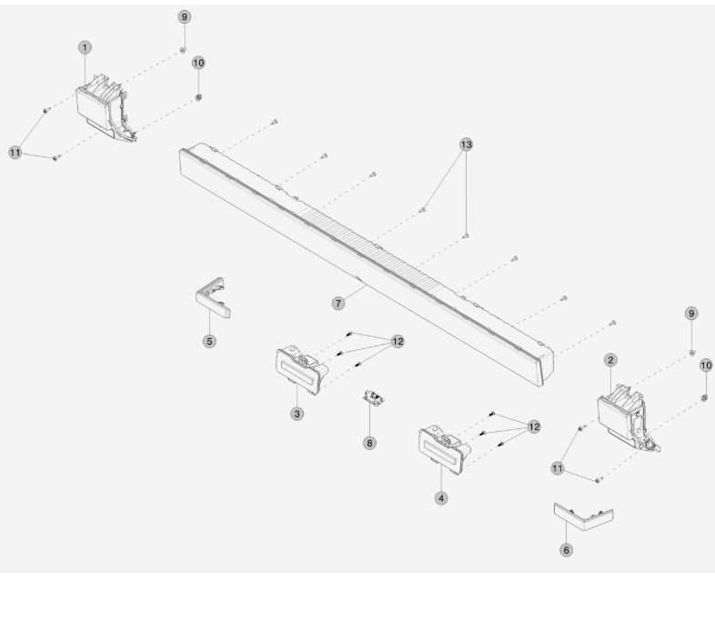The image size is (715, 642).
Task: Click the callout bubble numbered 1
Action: click(x=85, y=47)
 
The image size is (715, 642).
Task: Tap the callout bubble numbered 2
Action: click(x=610, y=360)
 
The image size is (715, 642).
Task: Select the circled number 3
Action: click(x=297, y=414)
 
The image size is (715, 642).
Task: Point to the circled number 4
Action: click(x=441, y=498)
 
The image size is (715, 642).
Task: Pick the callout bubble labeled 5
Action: click(x=209, y=341)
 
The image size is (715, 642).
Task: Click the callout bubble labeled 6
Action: click(x=566, y=550)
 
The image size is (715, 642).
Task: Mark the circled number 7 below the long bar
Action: click(x=337, y=303)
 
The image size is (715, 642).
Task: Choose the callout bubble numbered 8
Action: click(x=369, y=443)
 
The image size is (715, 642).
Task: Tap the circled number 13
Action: click(x=466, y=145)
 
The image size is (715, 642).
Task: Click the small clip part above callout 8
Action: click(x=374, y=397)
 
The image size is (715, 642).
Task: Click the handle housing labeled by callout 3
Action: click(x=301, y=370)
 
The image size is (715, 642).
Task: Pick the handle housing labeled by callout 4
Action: click(x=444, y=450)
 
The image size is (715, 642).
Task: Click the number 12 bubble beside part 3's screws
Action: click(x=398, y=342)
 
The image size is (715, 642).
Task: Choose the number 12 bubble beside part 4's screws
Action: click(x=534, y=426)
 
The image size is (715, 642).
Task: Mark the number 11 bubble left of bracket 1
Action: click(x=15, y=152)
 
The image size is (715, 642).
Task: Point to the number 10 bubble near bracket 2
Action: click(x=706, y=366)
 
